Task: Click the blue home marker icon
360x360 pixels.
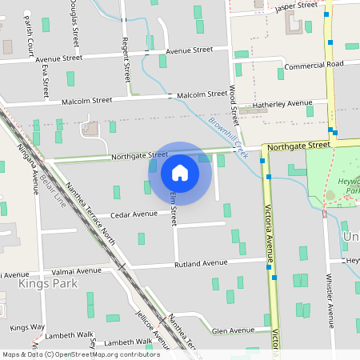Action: pos(180,172)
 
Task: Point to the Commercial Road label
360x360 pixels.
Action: pos(314,65)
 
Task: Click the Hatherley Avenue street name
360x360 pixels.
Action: pos(282,104)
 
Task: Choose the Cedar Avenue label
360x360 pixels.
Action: pos(134,214)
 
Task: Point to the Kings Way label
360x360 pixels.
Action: pos(27,327)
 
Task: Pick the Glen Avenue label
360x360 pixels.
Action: pos(234,330)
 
